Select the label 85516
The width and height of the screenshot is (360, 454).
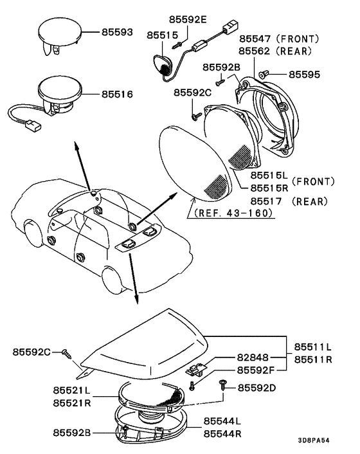click(118, 94)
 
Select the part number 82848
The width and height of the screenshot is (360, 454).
click(254, 358)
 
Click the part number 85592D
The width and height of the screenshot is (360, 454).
click(257, 388)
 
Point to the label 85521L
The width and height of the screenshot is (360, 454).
click(75, 391)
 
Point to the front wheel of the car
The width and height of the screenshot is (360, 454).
click(113, 278)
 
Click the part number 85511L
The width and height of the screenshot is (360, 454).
click(314, 348)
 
